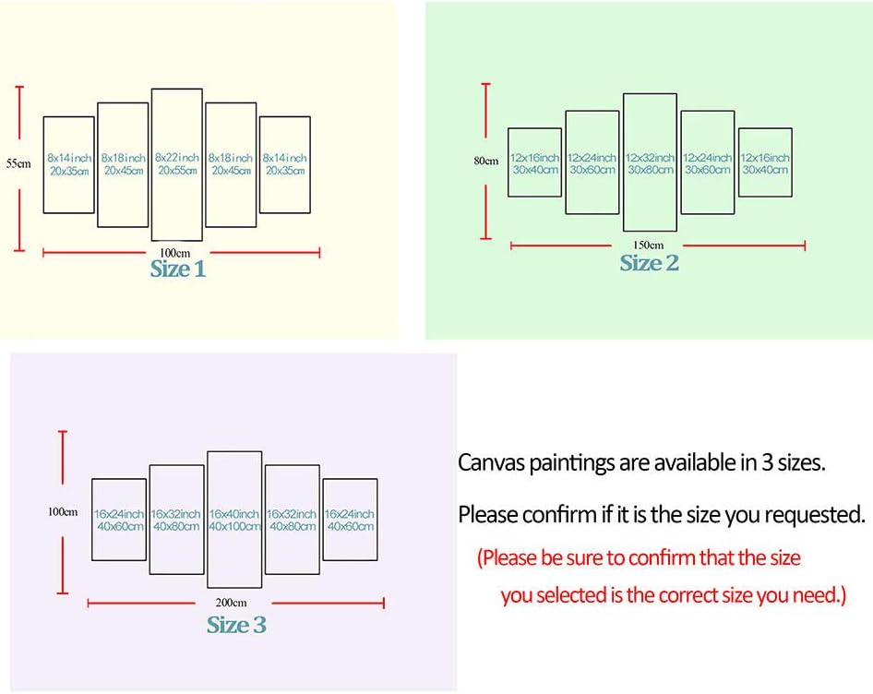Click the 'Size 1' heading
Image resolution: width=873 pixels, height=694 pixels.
click(x=178, y=269)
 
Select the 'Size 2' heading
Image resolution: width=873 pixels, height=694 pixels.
click(x=649, y=263)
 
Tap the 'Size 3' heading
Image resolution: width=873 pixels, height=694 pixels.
click(x=236, y=625)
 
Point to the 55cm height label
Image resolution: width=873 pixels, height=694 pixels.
click(x=18, y=163)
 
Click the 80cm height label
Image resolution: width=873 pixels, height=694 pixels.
click(x=485, y=161)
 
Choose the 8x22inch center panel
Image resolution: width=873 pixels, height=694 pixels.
click(x=177, y=164)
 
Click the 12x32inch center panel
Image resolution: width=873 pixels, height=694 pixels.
click(x=650, y=163)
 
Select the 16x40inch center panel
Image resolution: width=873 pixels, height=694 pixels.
click(x=234, y=520)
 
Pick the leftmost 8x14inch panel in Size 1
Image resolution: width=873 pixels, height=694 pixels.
click(x=69, y=164)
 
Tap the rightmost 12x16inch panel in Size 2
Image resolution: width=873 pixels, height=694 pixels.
click(x=765, y=163)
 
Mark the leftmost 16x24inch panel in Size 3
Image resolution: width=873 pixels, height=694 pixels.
click(x=119, y=520)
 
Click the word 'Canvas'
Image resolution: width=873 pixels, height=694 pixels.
click(x=490, y=462)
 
